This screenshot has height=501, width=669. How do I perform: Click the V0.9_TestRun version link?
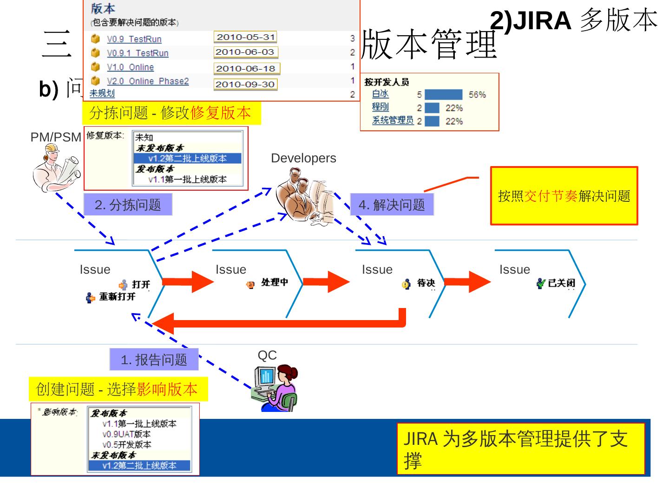[x=134, y=39]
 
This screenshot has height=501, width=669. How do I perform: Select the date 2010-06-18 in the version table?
[x=246, y=69]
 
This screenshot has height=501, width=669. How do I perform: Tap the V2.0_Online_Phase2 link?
[x=148, y=81]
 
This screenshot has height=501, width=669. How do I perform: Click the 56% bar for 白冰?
[x=444, y=95]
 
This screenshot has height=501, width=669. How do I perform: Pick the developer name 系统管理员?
[x=393, y=121]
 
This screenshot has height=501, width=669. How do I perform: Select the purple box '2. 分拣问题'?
[x=128, y=205]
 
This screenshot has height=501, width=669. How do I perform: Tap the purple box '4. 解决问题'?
[x=392, y=205]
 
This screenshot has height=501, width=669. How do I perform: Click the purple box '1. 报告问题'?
[x=154, y=360]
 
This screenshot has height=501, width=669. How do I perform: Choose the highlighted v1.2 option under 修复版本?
[x=187, y=158]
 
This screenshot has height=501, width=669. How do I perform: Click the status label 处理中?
[x=274, y=282]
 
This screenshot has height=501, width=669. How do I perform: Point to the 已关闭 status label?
[x=561, y=283]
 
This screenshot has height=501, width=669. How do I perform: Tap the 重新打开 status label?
[x=117, y=297]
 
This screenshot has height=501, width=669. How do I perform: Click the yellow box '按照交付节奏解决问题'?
[x=564, y=196]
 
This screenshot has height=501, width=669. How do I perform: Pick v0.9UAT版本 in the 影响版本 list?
[x=126, y=434]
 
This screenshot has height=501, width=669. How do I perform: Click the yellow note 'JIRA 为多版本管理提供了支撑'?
[x=521, y=449]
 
